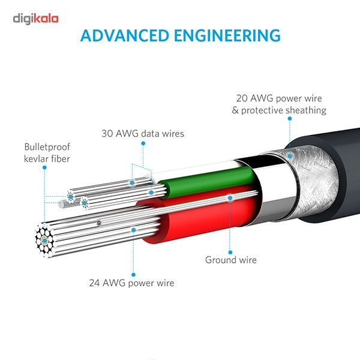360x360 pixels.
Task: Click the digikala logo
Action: click(35, 19)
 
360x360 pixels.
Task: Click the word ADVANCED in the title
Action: click(125, 35)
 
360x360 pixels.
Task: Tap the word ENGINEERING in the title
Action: click(227, 35)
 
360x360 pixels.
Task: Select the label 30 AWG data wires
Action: click(143, 134)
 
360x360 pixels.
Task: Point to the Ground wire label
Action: click(231, 260)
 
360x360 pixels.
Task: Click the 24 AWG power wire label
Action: click(131, 283)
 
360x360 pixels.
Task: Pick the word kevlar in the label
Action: click(36, 158)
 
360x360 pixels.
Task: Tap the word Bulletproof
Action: click(47, 147)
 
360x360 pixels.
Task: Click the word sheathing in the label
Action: click(306, 110)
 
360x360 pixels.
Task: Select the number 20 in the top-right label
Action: click(242, 98)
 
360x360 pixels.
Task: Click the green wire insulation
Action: click(206, 181)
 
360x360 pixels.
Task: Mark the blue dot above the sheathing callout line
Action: click(290, 119)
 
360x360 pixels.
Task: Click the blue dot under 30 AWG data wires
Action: click(143, 143)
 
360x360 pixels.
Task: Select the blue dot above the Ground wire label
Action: click(230, 253)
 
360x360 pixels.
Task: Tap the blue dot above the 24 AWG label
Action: click(133, 275)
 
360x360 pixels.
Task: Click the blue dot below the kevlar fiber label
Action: click(44, 167)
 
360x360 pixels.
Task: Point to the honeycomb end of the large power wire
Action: click(44, 241)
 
